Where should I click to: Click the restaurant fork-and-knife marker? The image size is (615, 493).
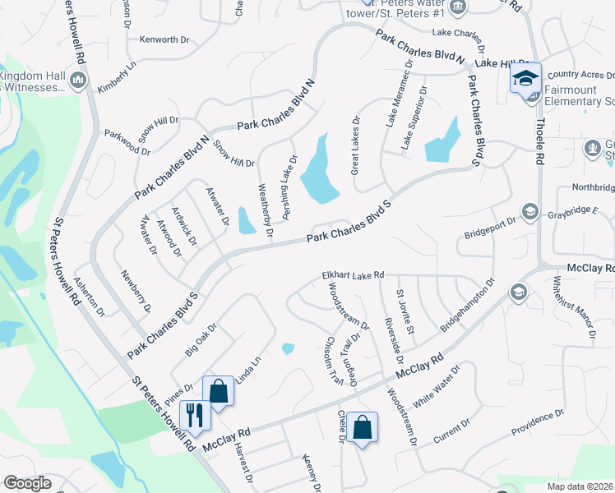(x=195, y=415)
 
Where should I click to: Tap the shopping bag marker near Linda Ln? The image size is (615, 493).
(x=219, y=391)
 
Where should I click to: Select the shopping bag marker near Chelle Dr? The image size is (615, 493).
(x=362, y=427)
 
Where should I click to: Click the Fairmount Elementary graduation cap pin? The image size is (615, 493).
(x=525, y=78)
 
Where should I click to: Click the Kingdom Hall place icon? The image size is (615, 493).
(x=78, y=80)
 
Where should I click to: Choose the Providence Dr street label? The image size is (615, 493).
(x=537, y=423)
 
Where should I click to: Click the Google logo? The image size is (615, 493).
(x=27, y=483)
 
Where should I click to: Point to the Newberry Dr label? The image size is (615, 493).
(x=136, y=291)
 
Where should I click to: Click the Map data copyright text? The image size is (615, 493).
(x=580, y=486)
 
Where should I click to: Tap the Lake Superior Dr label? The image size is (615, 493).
(x=414, y=117)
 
